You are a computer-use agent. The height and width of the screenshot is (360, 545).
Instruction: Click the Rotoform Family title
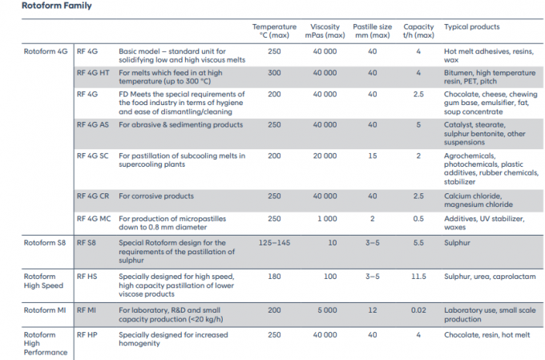[57, 6]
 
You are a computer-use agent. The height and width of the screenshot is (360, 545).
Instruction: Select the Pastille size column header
[372, 31]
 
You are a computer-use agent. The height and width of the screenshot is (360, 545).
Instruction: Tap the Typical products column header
[471, 26]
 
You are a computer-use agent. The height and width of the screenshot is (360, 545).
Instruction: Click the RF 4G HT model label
[93, 73]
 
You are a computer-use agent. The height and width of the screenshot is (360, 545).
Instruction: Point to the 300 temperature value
[274, 73]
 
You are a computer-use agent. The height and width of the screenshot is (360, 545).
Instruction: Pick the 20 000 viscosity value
[325, 156]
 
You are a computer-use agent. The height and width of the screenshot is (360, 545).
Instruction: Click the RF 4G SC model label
[92, 156]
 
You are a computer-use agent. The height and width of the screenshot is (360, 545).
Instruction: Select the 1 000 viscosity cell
[327, 219]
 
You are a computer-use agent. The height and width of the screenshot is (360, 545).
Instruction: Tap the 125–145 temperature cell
[274, 243]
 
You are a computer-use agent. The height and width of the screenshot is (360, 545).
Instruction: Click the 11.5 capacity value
[418, 277]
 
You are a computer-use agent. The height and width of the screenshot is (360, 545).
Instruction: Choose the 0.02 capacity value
[418, 310]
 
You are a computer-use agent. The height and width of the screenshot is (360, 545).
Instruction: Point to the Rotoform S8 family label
[45, 243]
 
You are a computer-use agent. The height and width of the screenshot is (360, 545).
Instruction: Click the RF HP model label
[87, 335]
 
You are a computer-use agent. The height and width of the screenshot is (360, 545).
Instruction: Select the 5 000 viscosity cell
[327, 310]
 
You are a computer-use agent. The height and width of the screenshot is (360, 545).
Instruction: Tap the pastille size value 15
[372, 156]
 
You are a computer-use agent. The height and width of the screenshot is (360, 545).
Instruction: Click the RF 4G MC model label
[94, 219]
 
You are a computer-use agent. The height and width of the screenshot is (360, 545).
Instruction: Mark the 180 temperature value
[274, 277]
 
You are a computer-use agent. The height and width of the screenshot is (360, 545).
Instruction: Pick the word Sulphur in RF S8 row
[457, 243]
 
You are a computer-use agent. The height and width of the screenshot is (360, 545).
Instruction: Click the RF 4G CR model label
[93, 196]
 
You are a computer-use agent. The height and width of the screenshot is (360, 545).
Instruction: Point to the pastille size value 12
[372, 310]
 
